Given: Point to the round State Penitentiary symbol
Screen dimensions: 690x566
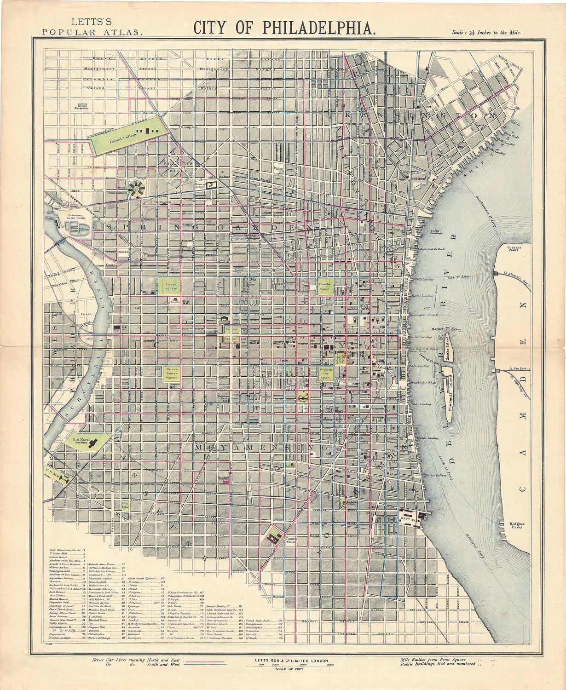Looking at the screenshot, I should tap(137, 189).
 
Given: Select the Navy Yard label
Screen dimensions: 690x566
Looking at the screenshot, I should tap(408, 519).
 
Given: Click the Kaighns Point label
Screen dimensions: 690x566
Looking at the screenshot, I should tap(517, 525).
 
